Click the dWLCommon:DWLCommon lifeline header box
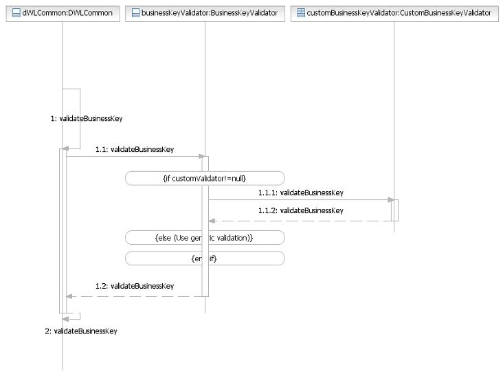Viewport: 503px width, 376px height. click(x=62, y=12)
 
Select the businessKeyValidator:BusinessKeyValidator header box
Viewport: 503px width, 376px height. click(x=205, y=12)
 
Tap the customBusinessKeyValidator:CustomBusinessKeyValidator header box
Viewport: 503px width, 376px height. click(x=394, y=12)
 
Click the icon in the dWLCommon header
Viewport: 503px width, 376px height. click(x=16, y=12)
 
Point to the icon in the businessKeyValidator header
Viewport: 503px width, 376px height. click(x=135, y=12)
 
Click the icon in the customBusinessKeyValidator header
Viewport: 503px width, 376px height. click(x=300, y=12)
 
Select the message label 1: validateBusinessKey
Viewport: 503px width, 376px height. click(x=87, y=118)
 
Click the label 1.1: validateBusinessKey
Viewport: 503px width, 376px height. click(x=135, y=149)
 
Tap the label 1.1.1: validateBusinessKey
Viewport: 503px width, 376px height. click(x=300, y=193)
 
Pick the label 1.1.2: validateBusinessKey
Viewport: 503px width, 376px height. click(x=300, y=210)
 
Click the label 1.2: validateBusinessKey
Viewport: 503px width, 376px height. click(x=135, y=286)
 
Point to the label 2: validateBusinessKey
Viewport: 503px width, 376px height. click(x=81, y=331)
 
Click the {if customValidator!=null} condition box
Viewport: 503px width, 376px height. click(x=205, y=178)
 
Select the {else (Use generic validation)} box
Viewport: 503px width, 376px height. click(x=205, y=238)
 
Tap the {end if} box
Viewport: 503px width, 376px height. click(x=205, y=258)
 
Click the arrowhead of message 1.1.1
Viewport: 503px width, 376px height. click(x=389, y=200)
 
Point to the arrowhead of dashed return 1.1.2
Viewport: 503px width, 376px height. click(x=212, y=221)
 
